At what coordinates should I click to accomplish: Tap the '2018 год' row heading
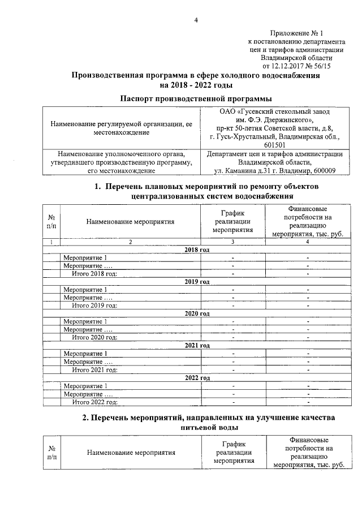point(197,250)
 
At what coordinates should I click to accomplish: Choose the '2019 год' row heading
point(197,282)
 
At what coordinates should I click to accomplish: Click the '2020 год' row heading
point(197,313)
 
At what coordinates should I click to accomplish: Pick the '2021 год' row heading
point(197,345)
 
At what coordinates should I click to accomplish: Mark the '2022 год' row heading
point(197,377)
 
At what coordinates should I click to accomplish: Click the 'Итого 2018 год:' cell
point(94,274)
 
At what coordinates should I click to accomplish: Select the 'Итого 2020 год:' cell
point(94,338)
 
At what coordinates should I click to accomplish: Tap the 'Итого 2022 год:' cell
point(94,402)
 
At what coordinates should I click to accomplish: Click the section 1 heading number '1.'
point(97,187)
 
